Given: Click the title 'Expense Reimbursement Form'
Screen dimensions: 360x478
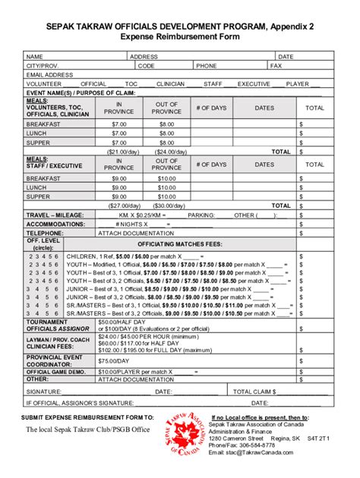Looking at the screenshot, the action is click(x=179, y=36).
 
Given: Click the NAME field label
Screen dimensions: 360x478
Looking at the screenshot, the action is click(x=35, y=56).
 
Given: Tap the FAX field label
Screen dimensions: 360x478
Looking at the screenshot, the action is click(x=276, y=66).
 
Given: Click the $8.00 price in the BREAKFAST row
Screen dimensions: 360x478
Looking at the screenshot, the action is click(x=166, y=124).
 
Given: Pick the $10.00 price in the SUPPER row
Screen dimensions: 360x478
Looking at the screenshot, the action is click(x=166, y=197).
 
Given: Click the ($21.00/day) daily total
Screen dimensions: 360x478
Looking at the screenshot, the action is click(x=119, y=151).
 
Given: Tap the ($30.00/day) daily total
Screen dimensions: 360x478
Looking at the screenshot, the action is click(x=166, y=206).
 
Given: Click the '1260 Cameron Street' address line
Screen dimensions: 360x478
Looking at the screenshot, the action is click(x=236, y=439).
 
